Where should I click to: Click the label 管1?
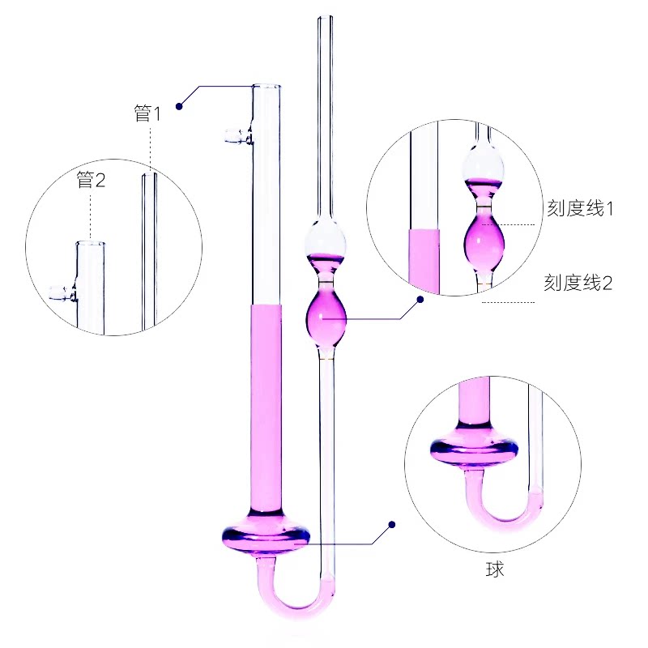(147, 113)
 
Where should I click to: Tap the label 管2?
(91, 180)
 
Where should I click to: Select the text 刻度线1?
(580, 208)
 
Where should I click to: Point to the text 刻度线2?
(578, 283)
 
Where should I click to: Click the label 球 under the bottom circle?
(495, 569)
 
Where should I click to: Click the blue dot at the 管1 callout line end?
(179, 106)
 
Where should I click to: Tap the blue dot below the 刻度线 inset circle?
(420, 299)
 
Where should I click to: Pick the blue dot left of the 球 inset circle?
(392, 524)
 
